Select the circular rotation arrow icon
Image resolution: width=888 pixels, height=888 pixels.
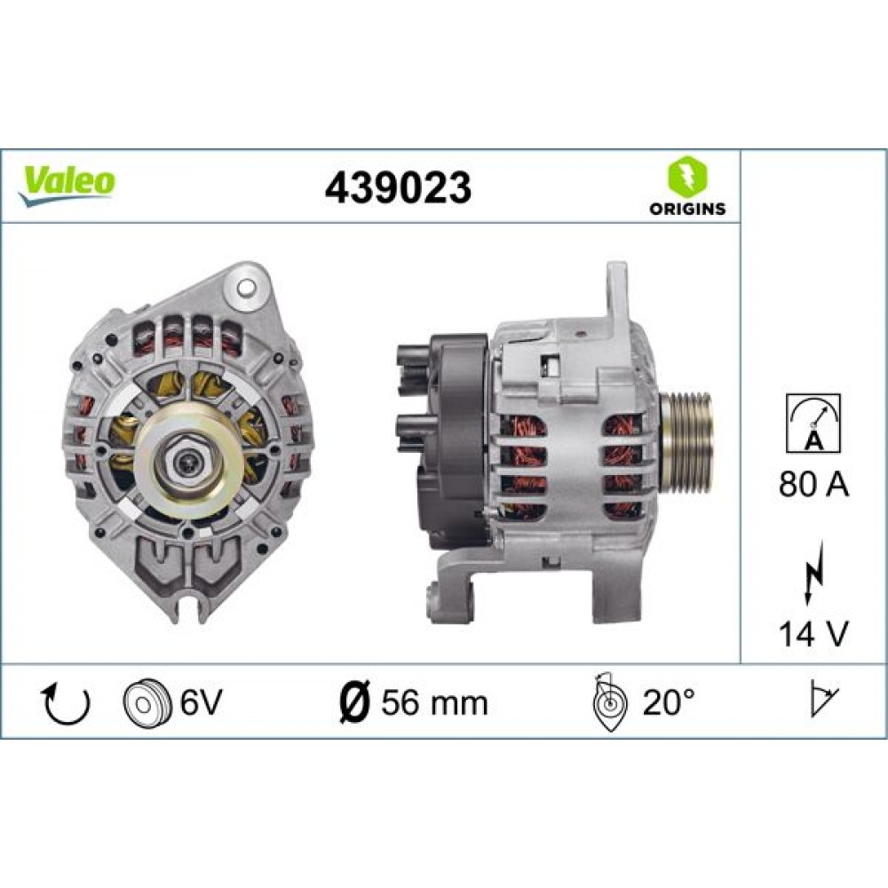coord(67,702)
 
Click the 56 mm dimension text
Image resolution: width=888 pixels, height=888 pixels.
coord(435,702)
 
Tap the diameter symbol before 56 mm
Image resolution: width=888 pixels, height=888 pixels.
coord(356,702)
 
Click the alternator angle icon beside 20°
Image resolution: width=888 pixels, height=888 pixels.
coord(610,702)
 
